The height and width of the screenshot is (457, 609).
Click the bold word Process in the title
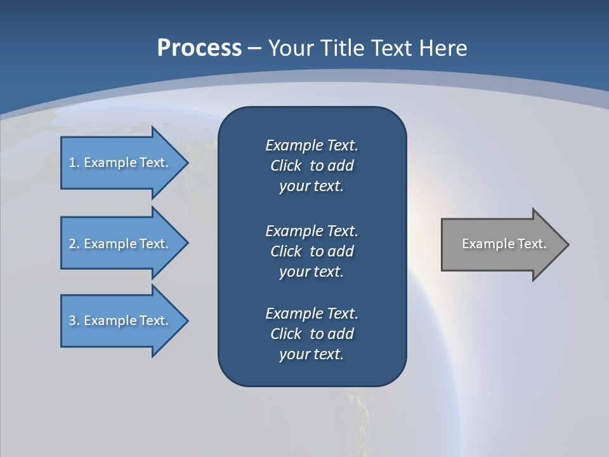click(199, 48)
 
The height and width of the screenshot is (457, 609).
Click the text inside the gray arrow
click(504, 244)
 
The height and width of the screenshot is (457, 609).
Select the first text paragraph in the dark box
click(311, 166)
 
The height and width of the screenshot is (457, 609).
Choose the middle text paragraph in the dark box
click(311, 251)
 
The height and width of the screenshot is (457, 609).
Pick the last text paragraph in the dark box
click(311, 334)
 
